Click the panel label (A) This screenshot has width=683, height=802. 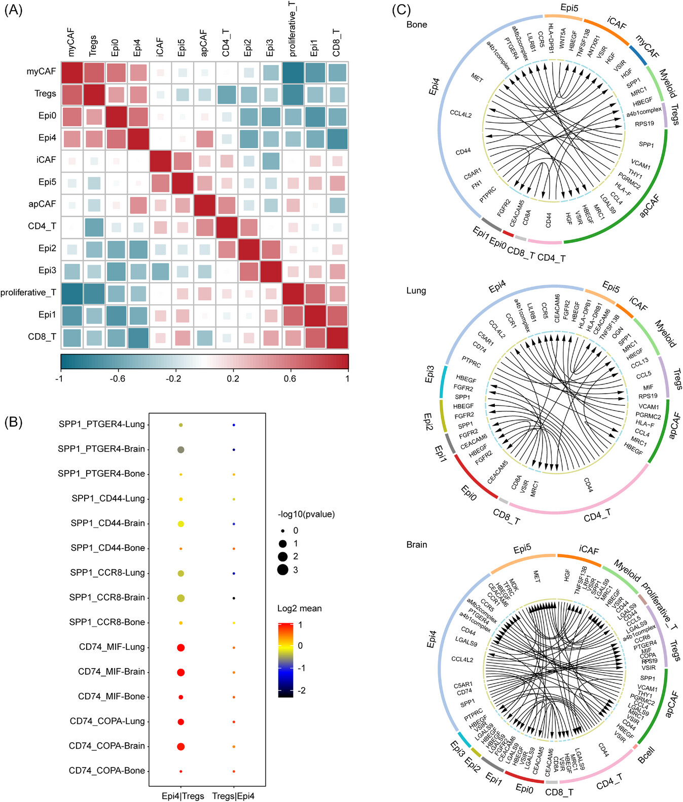click(x=14, y=10)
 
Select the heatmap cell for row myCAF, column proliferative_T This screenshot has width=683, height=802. click(x=293, y=72)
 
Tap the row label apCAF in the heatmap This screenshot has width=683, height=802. click(x=42, y=204)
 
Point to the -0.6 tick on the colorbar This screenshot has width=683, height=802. click(x=117, y=378)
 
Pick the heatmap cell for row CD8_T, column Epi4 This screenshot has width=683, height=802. click(x=138, y=337)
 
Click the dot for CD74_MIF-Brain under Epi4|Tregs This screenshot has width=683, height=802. click(x=181, y=672)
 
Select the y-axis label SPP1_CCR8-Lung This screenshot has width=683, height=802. click(x=107, y=573)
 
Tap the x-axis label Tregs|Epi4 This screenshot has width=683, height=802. click(x=233, y=796)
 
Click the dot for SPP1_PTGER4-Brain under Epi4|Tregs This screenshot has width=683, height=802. click(x=181, y=449)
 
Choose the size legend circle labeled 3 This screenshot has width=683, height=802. click(x=283, y=570)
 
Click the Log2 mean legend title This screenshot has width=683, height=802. click(x=299, y=608)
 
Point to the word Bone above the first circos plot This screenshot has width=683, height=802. click(x=417, y=25)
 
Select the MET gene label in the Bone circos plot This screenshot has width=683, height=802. click(x=477, y=78)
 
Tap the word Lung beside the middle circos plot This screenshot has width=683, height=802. click(x=416, y=291)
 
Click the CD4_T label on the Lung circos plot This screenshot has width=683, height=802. click(x=597, y=515)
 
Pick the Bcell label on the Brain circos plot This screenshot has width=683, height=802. click(x=646, y=755)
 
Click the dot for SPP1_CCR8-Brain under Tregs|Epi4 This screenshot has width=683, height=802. click(x=234, y=598)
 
